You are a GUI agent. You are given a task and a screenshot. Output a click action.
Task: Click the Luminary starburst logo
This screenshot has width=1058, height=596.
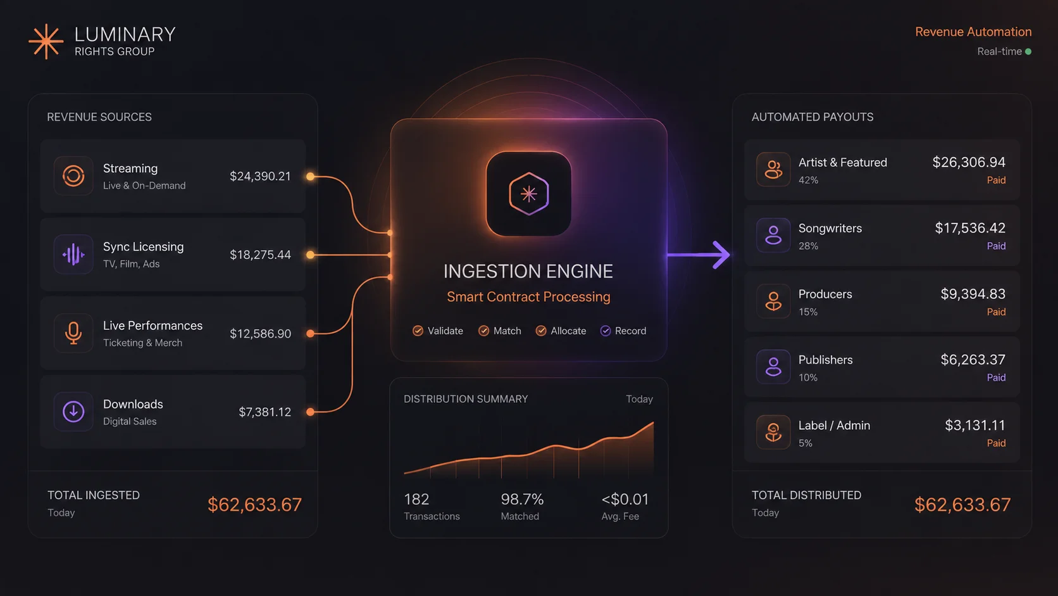[46, 42]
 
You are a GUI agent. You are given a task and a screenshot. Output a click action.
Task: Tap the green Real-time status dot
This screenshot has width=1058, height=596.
[1028, 51]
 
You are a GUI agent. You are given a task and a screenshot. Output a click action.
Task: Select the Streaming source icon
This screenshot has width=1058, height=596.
[73, 176]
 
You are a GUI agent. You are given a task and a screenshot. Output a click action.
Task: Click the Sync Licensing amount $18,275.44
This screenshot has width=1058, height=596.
[260, 255]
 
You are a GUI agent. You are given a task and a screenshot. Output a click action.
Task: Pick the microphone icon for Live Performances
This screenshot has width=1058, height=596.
[73, 333]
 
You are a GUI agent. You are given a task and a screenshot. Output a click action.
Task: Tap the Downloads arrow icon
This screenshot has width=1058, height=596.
[73, 412]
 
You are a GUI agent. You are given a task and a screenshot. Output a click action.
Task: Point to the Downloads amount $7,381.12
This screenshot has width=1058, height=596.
[265, 412]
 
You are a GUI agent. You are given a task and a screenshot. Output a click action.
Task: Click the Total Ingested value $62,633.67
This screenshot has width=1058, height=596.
[254, 505]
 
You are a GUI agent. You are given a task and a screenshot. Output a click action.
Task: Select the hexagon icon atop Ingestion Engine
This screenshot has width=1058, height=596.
[528, 194]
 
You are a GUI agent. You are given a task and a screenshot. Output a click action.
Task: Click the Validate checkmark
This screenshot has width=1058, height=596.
[418, 331]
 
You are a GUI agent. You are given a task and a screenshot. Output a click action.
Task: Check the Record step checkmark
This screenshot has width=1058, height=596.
[605, 331]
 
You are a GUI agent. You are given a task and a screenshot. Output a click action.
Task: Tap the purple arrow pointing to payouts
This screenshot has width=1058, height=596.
[698, 255]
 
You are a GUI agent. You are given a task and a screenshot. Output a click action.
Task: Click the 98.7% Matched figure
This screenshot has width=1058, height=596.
[523, 499]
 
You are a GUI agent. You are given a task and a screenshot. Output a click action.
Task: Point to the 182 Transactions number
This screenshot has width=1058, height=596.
[416, 499]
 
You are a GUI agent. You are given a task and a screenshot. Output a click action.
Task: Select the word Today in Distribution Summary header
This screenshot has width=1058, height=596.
[640, 400]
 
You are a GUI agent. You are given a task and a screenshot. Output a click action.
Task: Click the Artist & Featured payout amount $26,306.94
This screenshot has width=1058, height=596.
[969, 163]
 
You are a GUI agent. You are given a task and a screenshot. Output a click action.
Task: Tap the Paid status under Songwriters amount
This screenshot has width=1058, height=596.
[996, 246]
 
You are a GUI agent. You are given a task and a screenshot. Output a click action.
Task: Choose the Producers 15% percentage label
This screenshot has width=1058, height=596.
[807, 312]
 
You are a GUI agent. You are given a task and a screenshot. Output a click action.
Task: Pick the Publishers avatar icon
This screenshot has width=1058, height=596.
[773, 367]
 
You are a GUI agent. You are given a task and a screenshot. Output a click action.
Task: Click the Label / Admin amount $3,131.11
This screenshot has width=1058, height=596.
[975, 426]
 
